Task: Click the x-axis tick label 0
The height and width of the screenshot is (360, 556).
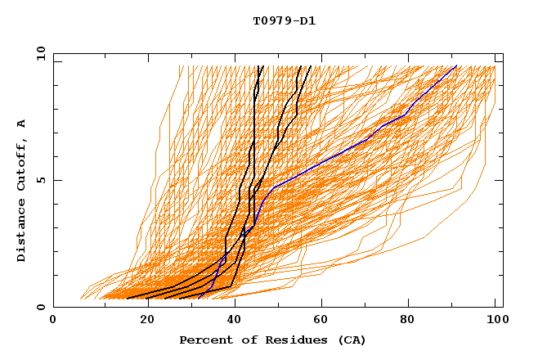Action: tap(53, 321)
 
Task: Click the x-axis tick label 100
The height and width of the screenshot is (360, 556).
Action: tap(495, 321)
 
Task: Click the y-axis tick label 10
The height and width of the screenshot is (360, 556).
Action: tap(39, 53)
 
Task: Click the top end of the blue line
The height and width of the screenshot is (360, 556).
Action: tap(456, 65)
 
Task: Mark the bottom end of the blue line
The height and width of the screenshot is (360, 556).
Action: tap(199, 299)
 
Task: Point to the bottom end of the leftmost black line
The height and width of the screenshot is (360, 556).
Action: tap(128, 299)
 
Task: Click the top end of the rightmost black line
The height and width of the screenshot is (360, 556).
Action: tap(310, 65)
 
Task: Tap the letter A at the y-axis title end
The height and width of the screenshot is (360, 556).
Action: tap(22, 124)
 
